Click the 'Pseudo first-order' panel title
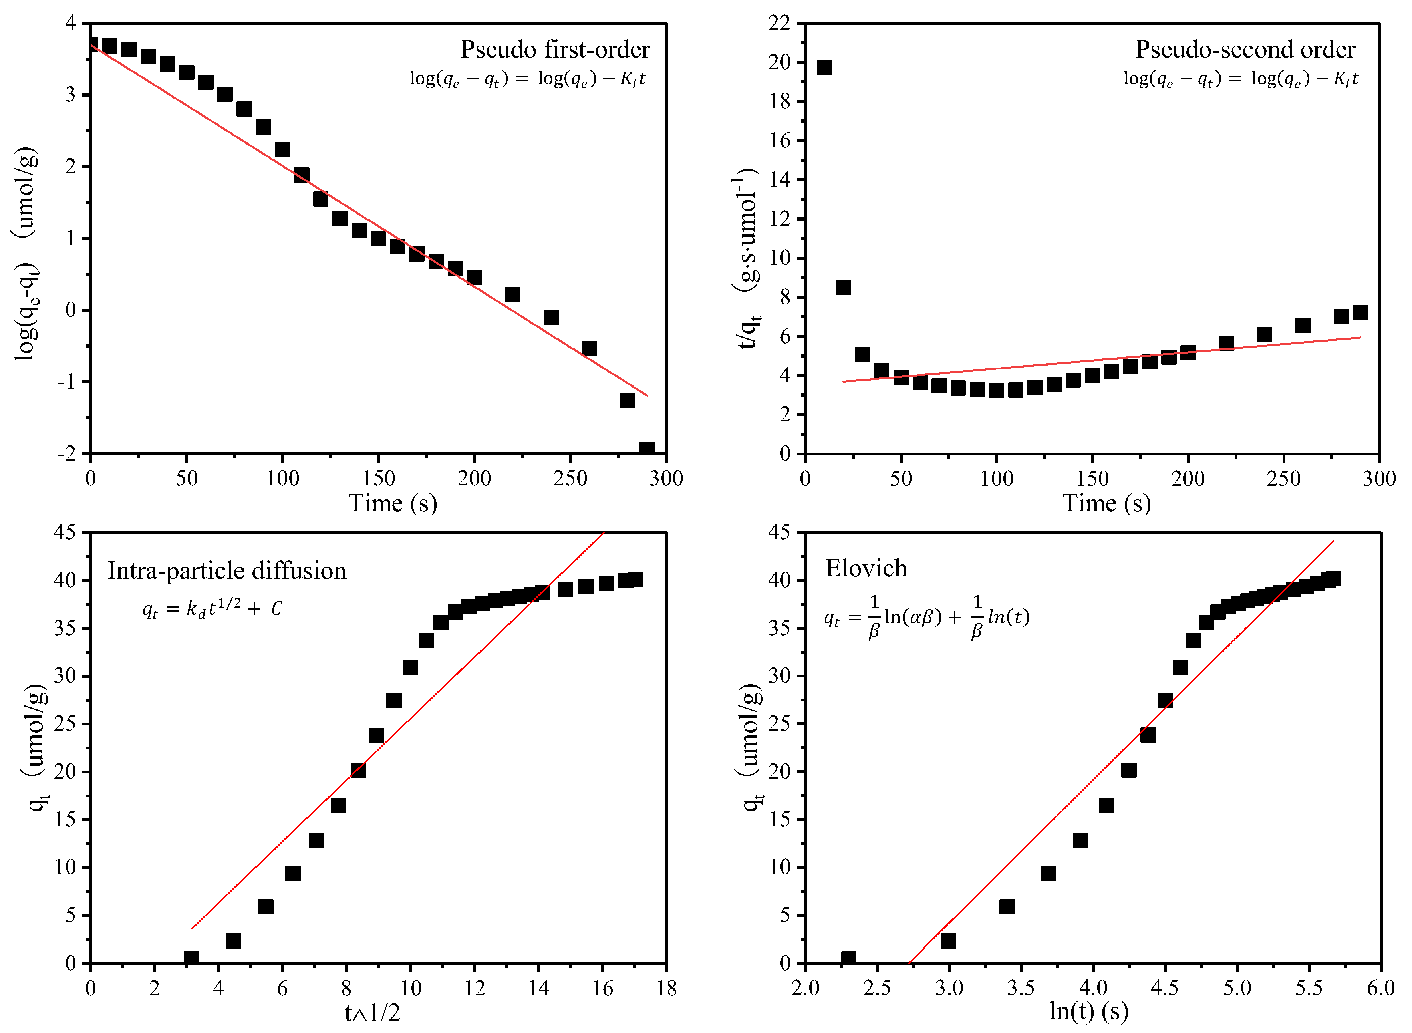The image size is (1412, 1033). tap(555, 50)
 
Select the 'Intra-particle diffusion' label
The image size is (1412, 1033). tap(226, 571)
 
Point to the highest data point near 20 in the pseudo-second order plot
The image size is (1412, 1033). tap(824, 67)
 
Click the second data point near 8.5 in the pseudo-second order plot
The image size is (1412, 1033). tap(843, 288)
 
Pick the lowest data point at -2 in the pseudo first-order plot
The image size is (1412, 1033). tap(647, 449)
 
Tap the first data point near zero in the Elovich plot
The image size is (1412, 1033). tap(848, 958)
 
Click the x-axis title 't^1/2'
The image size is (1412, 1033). tap(372, 1012)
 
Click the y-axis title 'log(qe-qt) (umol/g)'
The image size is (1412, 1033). tap(26, 253)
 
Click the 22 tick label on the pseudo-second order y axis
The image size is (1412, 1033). tap(779, 23)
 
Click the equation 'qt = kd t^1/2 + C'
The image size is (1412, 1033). tap(212, 608)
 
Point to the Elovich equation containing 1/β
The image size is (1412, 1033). tap(926, 617)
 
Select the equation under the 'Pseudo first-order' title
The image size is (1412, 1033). tap(527, 79)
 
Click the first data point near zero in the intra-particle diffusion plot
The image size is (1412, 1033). tap(191, 958)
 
